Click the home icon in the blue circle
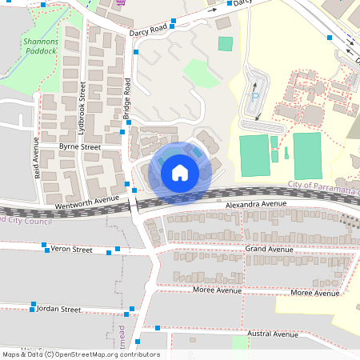pyautogui.click(x=179, y=172)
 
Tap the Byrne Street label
pyautogui.click(x=80, y=147)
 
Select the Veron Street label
pyautogui.click(x=72, y=250)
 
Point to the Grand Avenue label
pyautogui.click(x=270, y=250)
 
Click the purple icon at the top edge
pyautogui.click(x=120, y=2)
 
